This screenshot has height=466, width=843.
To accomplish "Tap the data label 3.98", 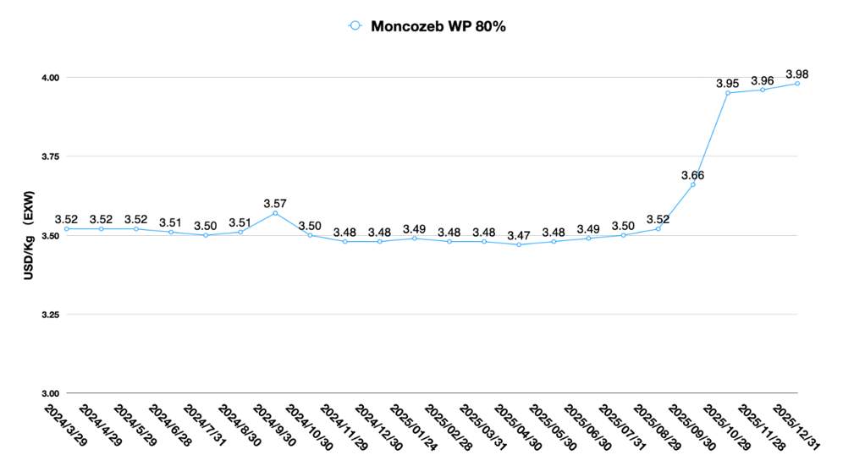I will (797, 73).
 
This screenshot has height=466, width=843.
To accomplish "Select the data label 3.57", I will (275, 203).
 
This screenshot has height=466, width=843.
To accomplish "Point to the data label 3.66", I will (693, 175).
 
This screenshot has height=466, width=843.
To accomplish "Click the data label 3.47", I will (519, 234).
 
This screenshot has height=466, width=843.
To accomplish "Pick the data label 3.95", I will (728, 83).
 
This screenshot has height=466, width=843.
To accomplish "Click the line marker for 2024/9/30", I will (275, 213).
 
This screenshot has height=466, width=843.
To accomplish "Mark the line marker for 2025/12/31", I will (797, 84).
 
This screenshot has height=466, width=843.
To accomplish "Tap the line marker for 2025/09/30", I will (693, 184).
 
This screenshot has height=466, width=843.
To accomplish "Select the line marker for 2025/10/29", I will (728, 93).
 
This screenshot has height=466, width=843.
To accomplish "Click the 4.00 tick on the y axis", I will (50, 78).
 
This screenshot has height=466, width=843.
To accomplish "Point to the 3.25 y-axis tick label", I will (50, 315).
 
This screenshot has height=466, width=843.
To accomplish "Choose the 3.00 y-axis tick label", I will (50, 393).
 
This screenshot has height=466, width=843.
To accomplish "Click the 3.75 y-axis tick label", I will (50, 156).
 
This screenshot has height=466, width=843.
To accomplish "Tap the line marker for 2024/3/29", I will (67, 228).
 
